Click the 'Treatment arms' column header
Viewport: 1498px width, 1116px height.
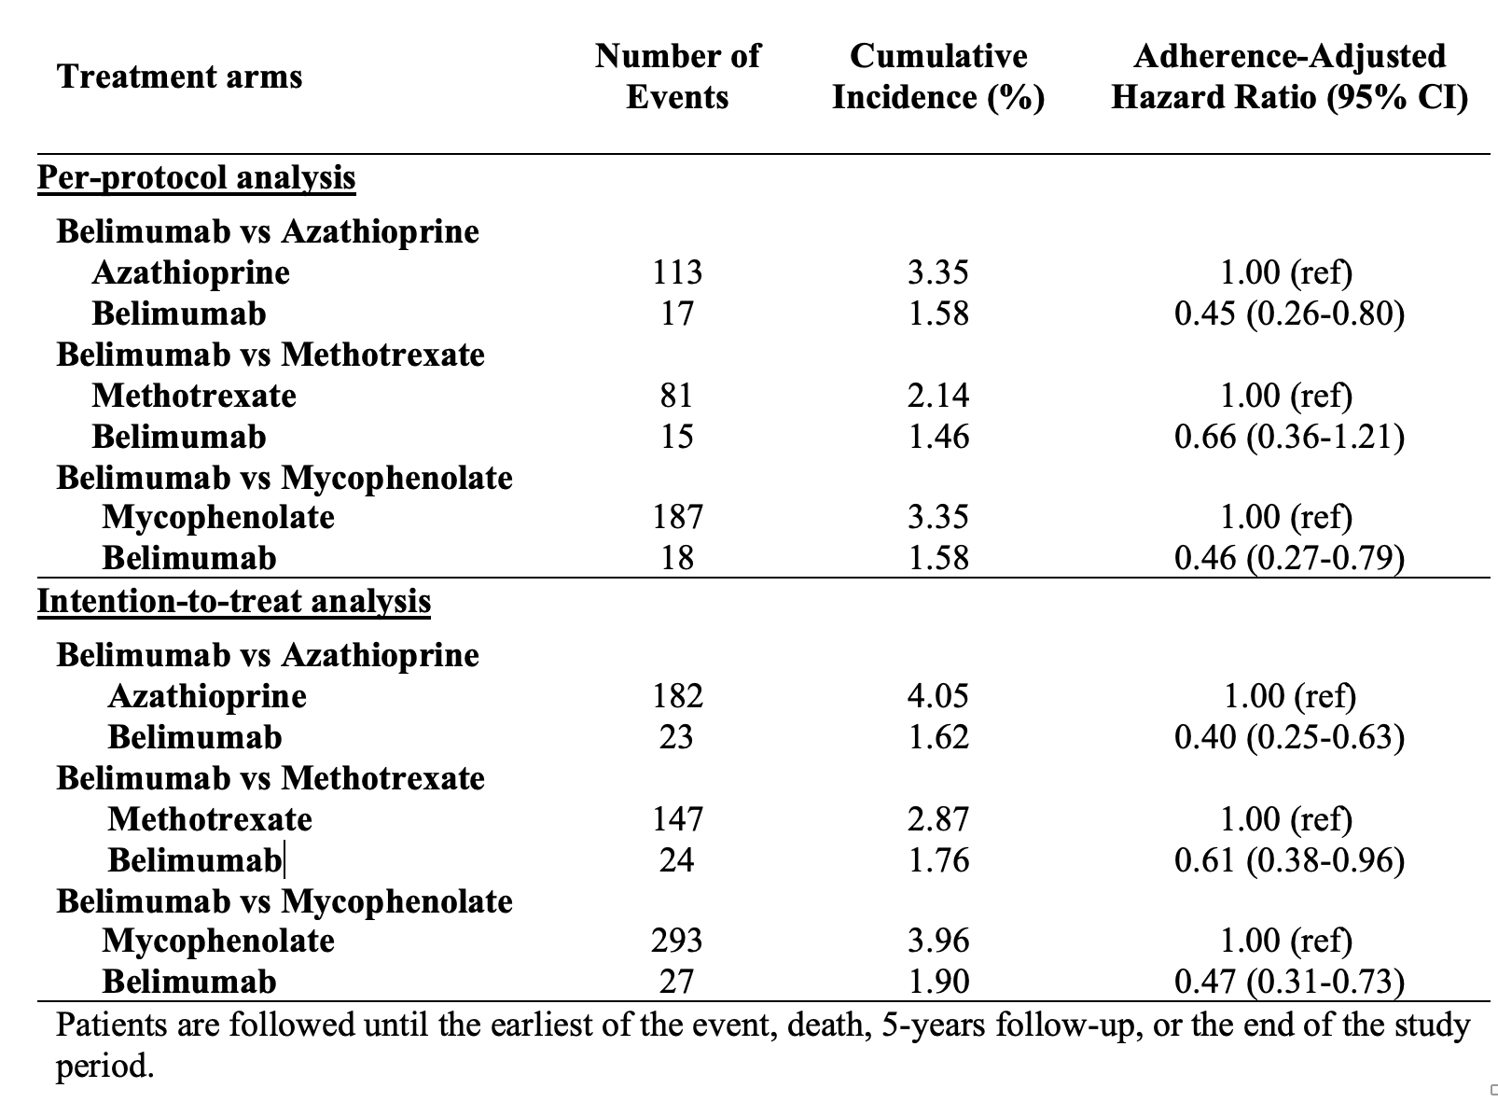pos(179,77)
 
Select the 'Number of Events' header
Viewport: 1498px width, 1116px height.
pos(677,77)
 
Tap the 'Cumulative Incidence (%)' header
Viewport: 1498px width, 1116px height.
pos(938,77)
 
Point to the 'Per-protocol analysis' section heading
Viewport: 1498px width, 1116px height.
pos(196,177)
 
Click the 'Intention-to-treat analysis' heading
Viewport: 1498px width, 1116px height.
pos(234,601)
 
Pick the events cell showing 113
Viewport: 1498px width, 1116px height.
pos(677,272)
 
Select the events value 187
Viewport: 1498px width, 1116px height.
pos(677,517)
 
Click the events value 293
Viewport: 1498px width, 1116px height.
pos(677,941)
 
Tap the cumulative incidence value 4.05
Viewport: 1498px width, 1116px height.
pos(938,696)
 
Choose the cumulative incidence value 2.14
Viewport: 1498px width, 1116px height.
pos(938,396)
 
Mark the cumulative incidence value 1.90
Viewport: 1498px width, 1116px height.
pos(938,982)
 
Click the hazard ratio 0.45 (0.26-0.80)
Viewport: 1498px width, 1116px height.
pos(1289,314)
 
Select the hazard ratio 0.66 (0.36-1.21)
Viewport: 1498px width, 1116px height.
pos(1289,437)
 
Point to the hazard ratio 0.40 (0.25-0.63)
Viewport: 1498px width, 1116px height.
pos(1289,737)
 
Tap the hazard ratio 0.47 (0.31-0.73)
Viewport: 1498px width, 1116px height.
pos(1289,982)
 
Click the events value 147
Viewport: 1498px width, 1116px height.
pos(677,819)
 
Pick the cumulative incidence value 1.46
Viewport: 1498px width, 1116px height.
pos(938,437)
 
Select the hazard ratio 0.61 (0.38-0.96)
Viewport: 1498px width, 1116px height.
pos(1289,860)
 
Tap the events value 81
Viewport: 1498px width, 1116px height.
pos(677,396)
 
